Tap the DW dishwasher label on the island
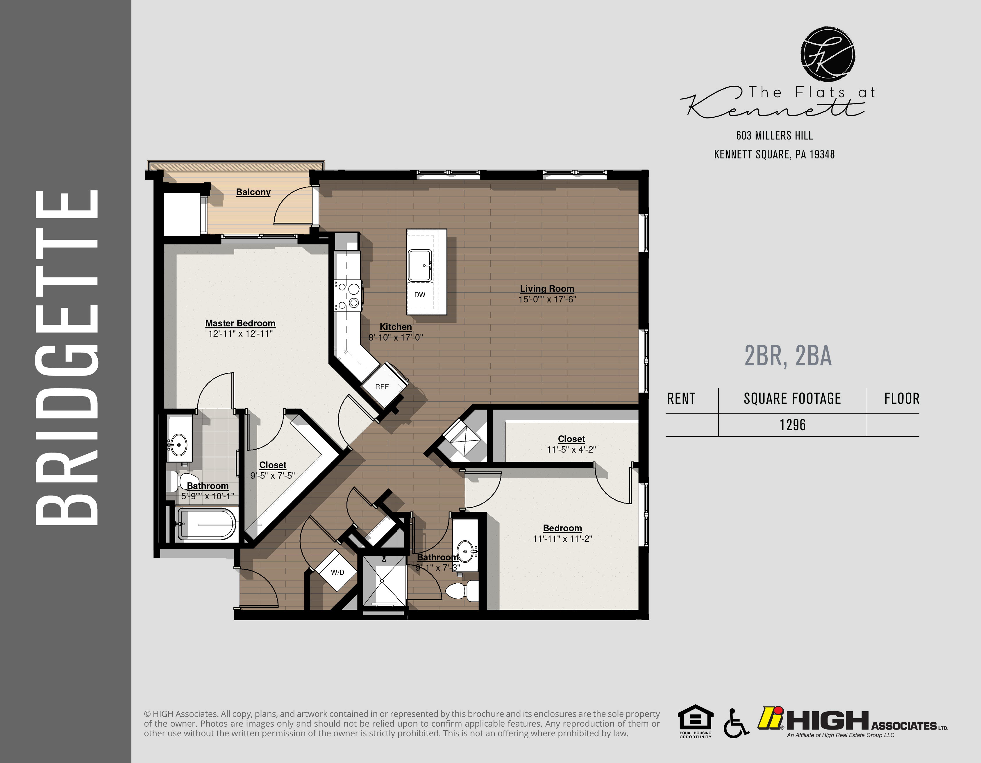[419, 295]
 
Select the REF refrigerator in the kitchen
[382, 387]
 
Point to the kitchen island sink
[420, 265]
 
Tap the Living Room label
[547, 289]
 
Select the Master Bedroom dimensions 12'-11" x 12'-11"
[240, 334]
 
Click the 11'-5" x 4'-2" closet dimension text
[571, 450]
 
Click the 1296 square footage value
[792, 425]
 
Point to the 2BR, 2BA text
[788, 356]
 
